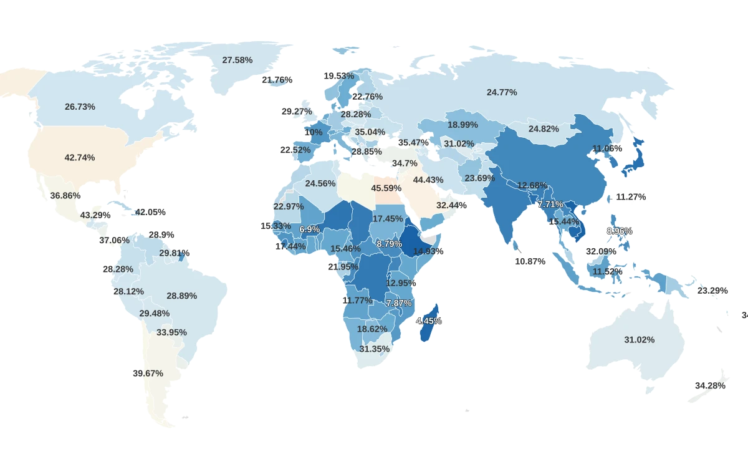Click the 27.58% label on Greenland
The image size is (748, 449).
coord(237,60)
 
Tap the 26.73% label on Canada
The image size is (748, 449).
coord(80,107)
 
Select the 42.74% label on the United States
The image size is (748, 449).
coord(80,158)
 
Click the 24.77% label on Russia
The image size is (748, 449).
coord(502,92)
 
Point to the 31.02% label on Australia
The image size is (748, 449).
coord(639,340)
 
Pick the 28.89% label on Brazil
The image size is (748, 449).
coord(181,296)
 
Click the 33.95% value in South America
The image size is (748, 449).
coord(171,332)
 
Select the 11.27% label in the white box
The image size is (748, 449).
coord(631,197)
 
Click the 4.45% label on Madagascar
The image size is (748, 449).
coord(429,321)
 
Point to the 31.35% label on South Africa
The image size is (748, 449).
coord(375,349)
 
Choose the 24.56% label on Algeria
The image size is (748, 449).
coord(320,183)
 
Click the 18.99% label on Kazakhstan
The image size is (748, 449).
coord(463,125)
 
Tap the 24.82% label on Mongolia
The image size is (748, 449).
coord(544,129)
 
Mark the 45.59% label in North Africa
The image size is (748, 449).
coord(386,188)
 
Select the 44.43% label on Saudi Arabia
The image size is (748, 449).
coord(428,180)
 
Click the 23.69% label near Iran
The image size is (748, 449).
coord(479,178)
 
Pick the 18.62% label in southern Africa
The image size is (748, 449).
coord(372,329)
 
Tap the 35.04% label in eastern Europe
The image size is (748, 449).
coord(370,132)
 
